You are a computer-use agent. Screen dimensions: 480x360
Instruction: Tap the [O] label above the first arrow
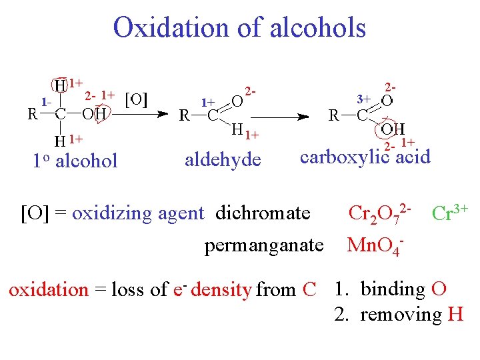pyautogui.click(x=136, y=100)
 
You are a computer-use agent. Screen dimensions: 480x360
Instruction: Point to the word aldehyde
pyautogui.click(x=223, y=159)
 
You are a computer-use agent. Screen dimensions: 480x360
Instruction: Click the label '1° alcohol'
pyautogui.click(x=75, y=161)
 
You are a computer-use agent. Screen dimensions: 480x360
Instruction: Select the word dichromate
pyautogui.click(x=263, y=213)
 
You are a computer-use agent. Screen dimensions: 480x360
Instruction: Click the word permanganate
pyautogui.click(x=264, y=245)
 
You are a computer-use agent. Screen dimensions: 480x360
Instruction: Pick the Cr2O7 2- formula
pyautogui.click(x=377, y=213)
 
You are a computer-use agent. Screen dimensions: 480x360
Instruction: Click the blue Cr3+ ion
pyautogui.click(x=450, y=213)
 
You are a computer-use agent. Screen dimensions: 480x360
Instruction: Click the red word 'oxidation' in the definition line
pyautogui.click(x=48, y=289)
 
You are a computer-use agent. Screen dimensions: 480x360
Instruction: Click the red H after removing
pyautogui.click(x=456, y=314)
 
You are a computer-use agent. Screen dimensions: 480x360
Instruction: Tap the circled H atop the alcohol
pyautogui.click(x=61, y=85)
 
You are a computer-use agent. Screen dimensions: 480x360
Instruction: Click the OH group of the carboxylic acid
pyautogui.click(x=394, y=129)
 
